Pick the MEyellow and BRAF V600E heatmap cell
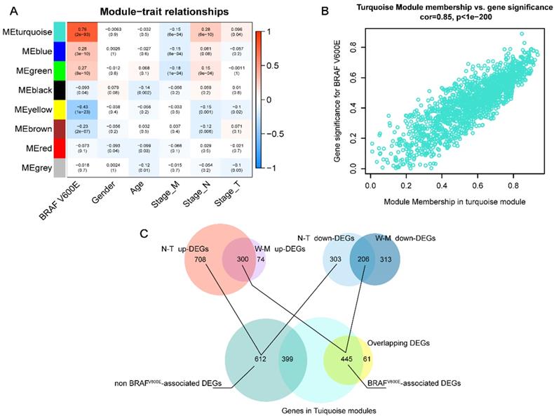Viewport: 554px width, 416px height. tap(72, 110)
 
